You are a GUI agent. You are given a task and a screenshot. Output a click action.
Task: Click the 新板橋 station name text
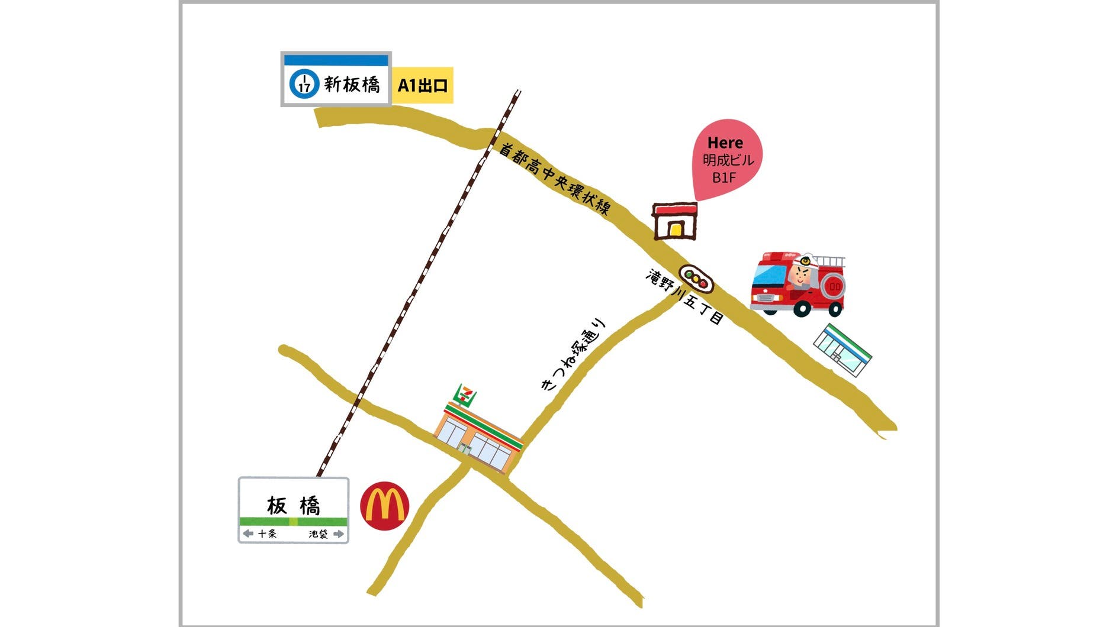click(352, 85)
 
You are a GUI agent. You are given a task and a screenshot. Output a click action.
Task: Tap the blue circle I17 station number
click(304, 84)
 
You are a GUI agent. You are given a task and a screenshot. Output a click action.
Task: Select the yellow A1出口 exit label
click(422, 85)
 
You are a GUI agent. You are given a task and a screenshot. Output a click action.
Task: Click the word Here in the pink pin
click(725, 143)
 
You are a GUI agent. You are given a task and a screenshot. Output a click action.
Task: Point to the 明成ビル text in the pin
click(728, 160)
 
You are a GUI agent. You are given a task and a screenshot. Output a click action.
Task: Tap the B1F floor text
click(724, 177)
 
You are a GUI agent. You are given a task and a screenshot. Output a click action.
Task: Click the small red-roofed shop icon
click(674, 221)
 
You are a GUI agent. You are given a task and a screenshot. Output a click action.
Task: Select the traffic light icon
click(696, 279)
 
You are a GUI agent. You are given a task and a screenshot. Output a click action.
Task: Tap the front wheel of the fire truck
click(802, 308)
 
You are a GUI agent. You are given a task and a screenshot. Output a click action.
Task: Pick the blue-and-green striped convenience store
click(843, 350)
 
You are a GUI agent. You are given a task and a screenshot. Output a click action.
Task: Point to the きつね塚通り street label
click(574, 354)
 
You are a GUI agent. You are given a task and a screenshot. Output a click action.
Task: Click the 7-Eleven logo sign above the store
click(465, 394)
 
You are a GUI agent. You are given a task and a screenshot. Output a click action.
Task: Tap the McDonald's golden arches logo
click(384, 506)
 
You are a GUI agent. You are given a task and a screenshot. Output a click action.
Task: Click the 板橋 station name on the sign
click(293, 506)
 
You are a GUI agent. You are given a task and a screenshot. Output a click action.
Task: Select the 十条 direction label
click(267, 534)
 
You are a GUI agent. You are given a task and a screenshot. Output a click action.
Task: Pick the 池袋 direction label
click(318, 534)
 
